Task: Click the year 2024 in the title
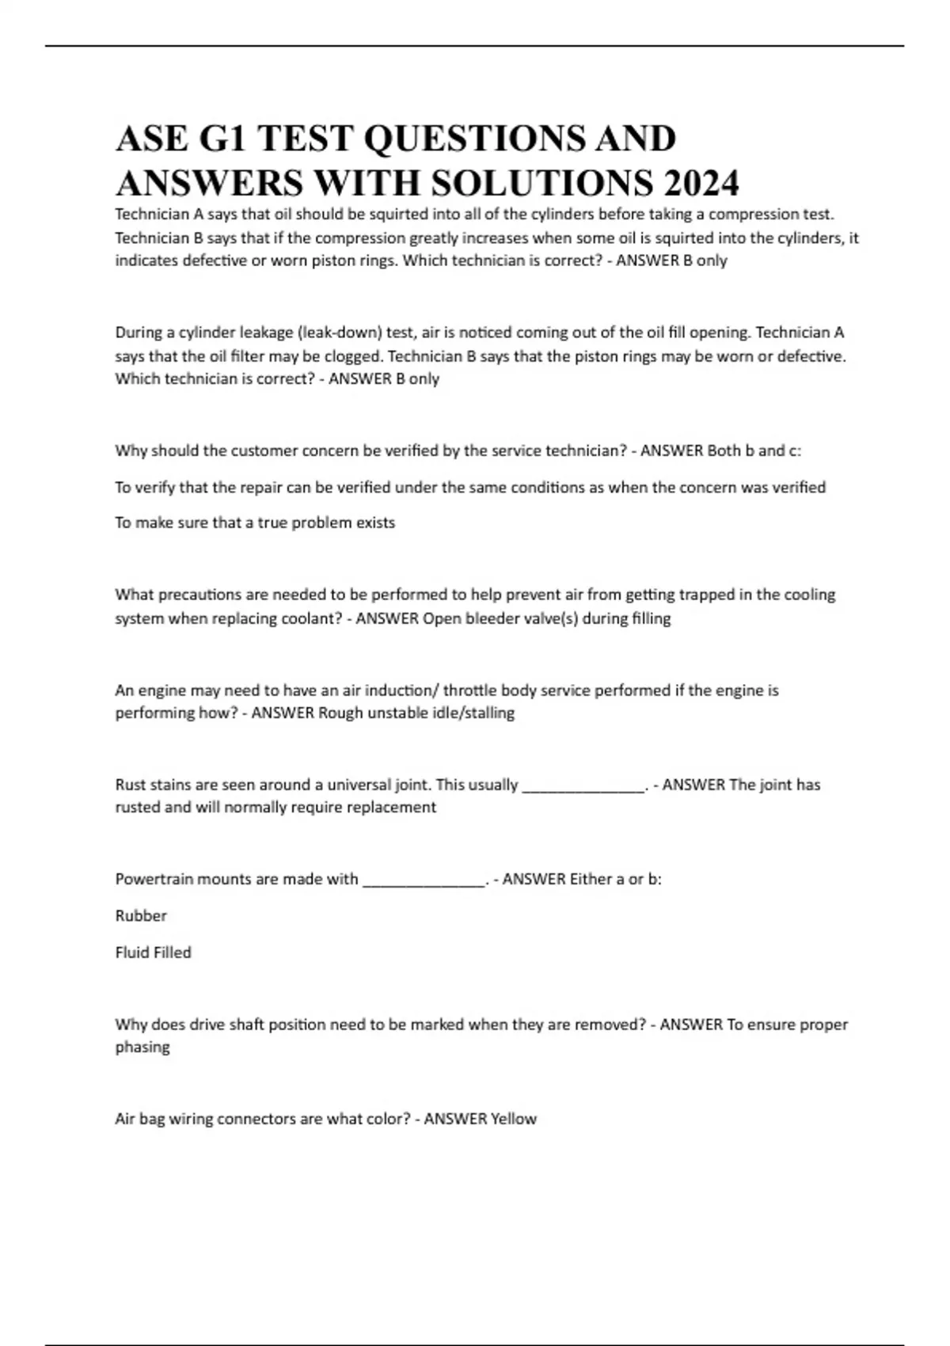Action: point(701,184)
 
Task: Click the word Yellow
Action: point(514,1119)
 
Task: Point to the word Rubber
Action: point(141,915)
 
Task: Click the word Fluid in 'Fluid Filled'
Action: point(132,952)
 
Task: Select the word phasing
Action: point(142,1048)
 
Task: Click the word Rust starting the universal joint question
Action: point(131,785)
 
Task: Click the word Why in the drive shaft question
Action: point(131,1025)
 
